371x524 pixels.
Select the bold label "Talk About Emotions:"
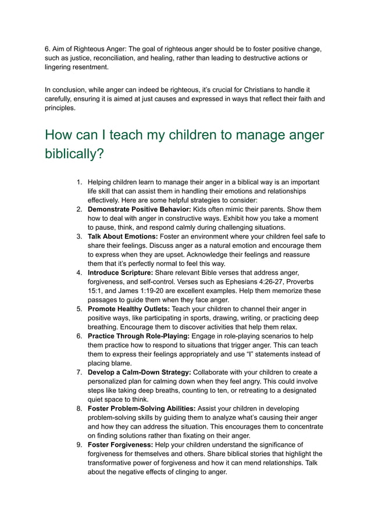[122, 237]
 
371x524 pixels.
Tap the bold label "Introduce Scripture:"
[120, 273]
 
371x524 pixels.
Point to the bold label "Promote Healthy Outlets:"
[129, 309]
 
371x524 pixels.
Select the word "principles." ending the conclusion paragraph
[60, 108]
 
